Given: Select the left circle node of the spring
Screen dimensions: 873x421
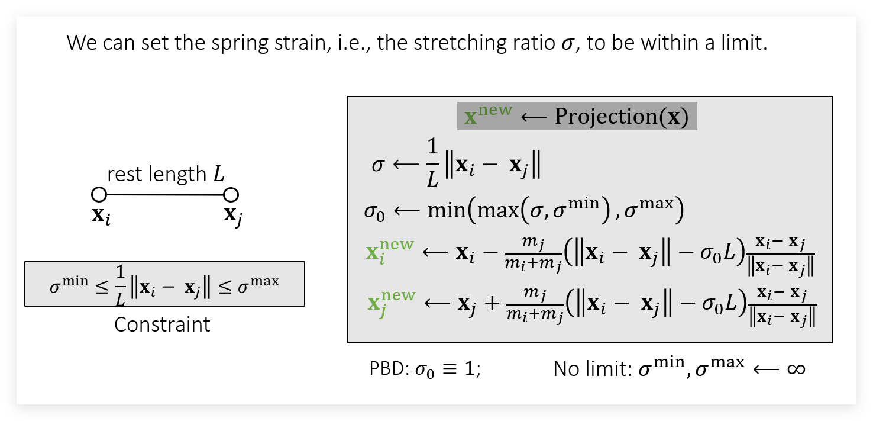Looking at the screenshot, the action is [x=99, y=194].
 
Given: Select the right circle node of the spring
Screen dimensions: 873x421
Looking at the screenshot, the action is [x=231, y=194].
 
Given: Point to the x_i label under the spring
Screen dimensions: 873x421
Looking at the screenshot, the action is [x=101, y=216].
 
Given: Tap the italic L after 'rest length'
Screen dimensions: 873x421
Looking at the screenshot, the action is [x=219, y=173].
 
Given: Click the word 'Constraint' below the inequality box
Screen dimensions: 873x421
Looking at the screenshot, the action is [x=162, y=324].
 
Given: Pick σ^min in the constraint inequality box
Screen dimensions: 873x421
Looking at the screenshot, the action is [x=69, y=284].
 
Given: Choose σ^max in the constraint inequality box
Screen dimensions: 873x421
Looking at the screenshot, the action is [x=258, y=284].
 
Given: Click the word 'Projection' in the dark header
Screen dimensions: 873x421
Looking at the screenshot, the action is [x=606, y=116].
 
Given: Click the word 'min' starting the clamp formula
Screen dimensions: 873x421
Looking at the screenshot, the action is [x=447, y=210].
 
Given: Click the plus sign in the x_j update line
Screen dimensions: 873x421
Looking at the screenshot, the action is [x=492, y=303].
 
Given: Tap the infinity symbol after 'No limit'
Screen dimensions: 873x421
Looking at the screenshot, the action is [x=796, y=369].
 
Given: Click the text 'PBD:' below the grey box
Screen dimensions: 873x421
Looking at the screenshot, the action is [x=389, y=368].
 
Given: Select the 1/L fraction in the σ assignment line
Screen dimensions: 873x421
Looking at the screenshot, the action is [x=432, y=163].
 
